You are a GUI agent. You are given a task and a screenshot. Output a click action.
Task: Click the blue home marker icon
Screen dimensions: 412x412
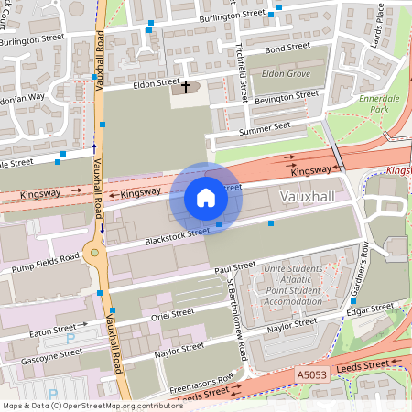pos(206,197)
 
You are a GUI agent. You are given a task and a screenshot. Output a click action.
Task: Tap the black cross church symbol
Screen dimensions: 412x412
pos(186,87)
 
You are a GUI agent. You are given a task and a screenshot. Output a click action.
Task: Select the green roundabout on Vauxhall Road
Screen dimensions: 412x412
pos(93,254)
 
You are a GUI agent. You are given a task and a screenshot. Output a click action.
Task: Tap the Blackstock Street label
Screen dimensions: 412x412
pos(179,236)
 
